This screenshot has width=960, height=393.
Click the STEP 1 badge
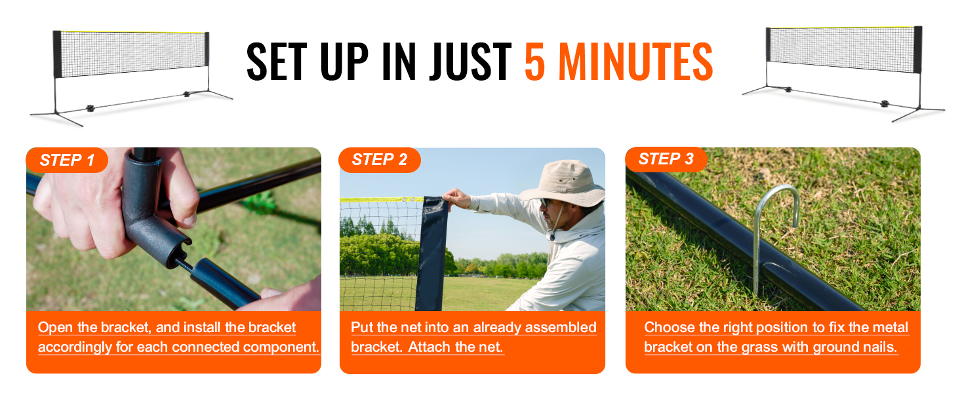tap(67, 160)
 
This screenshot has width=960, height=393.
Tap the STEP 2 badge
tap(379, 160)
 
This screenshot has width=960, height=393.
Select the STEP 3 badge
tap(666, 159)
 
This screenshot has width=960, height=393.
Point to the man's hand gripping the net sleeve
tap(457, 198)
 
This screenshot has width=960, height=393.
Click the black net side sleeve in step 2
tap(432, 253)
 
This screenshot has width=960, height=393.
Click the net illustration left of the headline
tap(131, 77)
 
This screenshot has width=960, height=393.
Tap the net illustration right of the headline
tap(843, 73)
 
